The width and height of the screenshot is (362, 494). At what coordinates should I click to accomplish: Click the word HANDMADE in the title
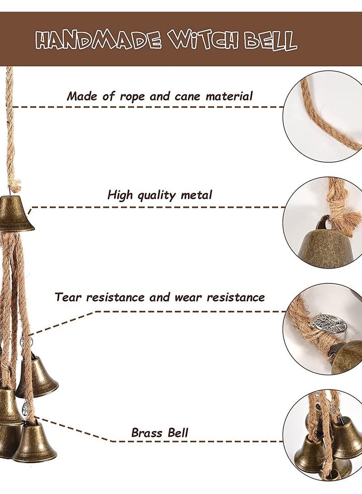pos(98,41)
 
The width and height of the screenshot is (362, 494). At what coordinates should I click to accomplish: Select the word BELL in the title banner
pos(271,41)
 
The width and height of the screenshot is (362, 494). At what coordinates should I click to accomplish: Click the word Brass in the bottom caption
pos(145,432)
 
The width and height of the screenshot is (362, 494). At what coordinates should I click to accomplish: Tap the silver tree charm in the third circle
pos(329,323)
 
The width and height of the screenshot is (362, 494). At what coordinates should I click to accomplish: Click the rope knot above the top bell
pos(15,184)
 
